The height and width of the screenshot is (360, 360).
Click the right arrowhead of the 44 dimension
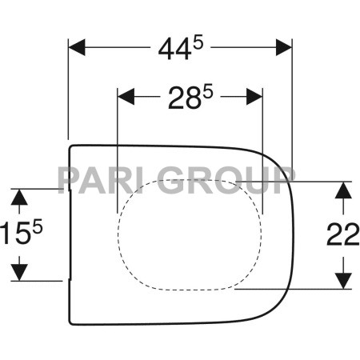click(x=282, y=47)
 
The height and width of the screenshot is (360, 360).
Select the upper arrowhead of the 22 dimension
click(x=342, y=189)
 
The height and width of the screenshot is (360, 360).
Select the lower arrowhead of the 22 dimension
click(x=342, y=281)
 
